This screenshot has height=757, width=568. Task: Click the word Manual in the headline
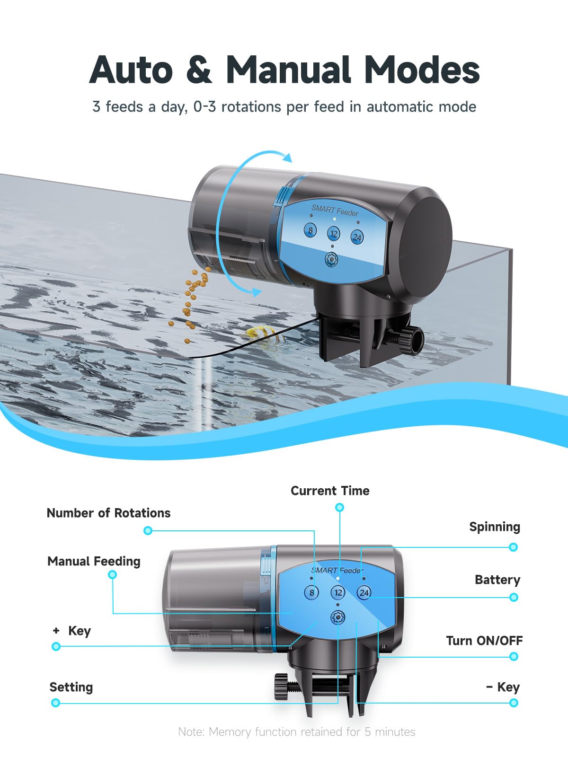288,70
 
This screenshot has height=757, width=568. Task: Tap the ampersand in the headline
199,70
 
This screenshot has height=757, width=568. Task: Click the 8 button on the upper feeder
310,230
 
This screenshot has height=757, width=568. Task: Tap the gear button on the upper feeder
332,259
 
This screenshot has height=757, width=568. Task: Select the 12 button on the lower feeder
338,592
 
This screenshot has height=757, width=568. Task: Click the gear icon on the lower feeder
338,617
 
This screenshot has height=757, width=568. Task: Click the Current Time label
330,491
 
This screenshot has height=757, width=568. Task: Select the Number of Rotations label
109,513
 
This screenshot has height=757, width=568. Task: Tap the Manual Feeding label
94,562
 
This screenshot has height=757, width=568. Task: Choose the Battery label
497,580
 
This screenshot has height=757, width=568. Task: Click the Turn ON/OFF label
485,641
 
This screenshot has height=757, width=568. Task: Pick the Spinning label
495,527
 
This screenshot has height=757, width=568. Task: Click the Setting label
71,687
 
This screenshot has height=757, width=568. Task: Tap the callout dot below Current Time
340,507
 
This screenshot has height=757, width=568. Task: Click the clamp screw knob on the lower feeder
282,687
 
